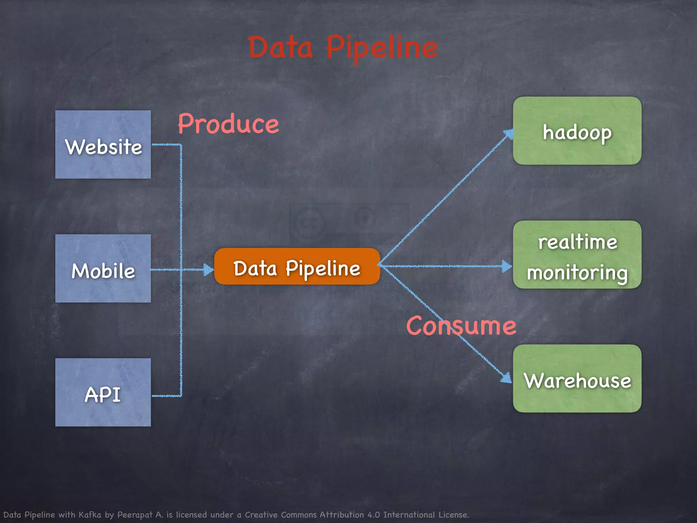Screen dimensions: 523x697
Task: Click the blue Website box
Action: coord(103,144)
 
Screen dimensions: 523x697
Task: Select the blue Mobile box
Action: coord(103,268)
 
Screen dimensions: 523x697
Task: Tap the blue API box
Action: coord(103,392)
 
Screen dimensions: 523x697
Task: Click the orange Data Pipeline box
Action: coord(297,267)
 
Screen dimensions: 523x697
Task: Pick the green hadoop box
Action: coord(577,131)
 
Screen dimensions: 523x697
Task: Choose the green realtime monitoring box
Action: coord(577,255)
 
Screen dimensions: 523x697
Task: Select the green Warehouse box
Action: coord(577,379)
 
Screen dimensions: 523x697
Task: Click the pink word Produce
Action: coord(228,124)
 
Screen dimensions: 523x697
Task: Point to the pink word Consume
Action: coord(461,326)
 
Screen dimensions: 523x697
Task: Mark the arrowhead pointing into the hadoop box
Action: coord(509,133)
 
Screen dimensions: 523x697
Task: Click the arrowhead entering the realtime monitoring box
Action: coord(507,266)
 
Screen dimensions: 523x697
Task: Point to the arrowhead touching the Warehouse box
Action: coord(506,378)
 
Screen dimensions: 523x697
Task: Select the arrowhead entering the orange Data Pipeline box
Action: coord(208,270)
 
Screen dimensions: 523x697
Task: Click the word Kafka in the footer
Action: coord(90,514)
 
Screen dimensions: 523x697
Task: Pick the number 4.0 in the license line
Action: coord(374,514)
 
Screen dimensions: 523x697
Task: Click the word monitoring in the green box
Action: coord(577,273)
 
